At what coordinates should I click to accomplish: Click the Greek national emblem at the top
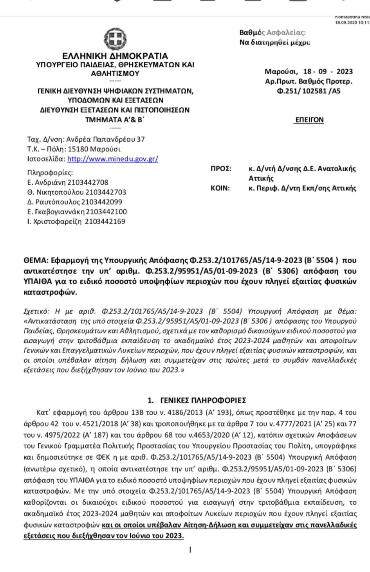pos(115,38)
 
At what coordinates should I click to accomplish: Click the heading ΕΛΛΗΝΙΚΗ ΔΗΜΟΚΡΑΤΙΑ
pos(115,56)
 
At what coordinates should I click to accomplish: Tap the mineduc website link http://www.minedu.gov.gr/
pos(113,159)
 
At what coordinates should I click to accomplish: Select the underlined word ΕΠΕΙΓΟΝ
pos(309,120)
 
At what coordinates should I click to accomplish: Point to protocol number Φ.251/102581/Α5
pos(309,91)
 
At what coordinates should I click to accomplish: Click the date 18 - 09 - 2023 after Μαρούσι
pos(328,72)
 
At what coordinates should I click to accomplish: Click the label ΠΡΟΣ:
pos(221,169)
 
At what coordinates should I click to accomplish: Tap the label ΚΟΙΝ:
pos(220,188)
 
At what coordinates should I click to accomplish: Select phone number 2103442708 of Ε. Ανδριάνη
pos(88,182)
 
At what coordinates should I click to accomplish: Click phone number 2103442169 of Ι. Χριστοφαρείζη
pos(105,221)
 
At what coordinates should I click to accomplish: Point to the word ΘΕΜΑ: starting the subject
pos(36,260)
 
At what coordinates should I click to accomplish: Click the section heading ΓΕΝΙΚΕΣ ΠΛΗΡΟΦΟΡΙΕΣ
pos(203,400)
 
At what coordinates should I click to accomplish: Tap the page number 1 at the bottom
pos(190,550)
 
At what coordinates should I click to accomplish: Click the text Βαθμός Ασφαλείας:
pos(273,32)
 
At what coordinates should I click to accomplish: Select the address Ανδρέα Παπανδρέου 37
pos(105,139)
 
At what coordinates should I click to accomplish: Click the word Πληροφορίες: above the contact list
pos(50,173)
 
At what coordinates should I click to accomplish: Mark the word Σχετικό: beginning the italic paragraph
pos(36,311)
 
